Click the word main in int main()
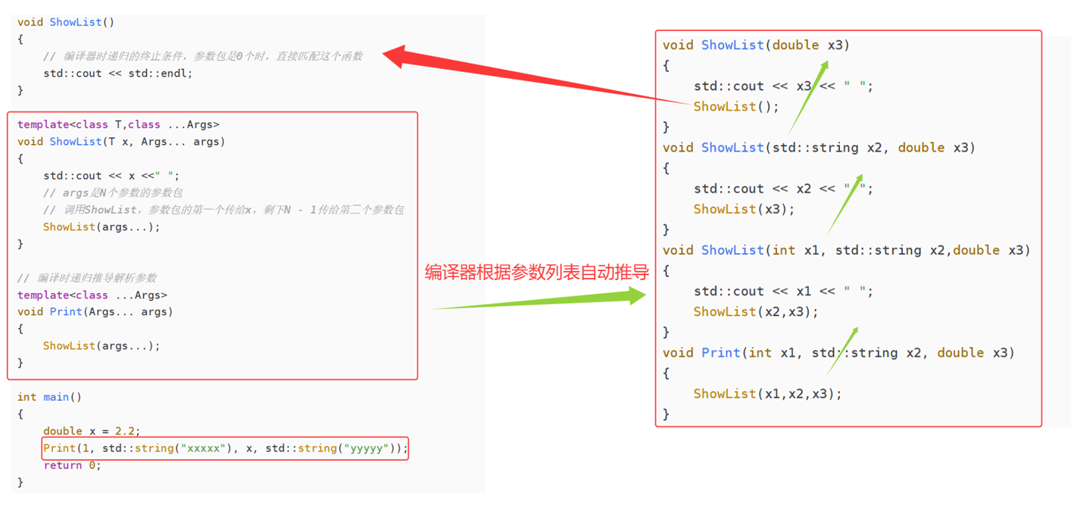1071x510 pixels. (x=56, y=397)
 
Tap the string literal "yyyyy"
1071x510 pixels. (x=368, y=449)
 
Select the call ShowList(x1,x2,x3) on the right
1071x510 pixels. (x=767, y=394)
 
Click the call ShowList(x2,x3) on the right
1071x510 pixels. (x=755, y=311)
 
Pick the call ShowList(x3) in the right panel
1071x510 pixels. (x=744, y=209)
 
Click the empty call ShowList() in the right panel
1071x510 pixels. (x=735, y=107)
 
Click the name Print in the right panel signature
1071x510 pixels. (x=720, y=353)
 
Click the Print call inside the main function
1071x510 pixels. (x=59, y=449)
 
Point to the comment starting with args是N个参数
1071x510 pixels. (x=113, y=192)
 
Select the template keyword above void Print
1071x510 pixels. (x=43, y=295)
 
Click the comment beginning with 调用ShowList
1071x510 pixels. (x=223, y=210)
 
